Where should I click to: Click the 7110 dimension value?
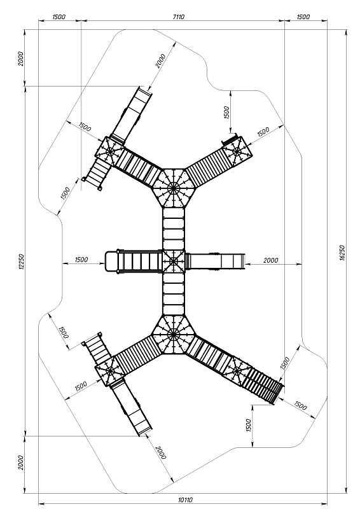pyautogui.click(x=179, y=17)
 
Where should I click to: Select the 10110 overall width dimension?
pyautogui.click(x=185, y=500)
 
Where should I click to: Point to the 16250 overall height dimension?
pyautogui.click(x=342, y=253)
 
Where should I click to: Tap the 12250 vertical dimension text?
pyautogui.click(x=22, y=261)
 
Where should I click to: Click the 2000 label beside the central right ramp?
pyautogui.click(x=271, y=260)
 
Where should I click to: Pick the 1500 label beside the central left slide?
pyautogui.click(x=81, y=260)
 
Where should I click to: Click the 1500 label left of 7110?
pyautogui.click(x=59, y=17)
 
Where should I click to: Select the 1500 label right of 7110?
pyautogui.click(x=303, y=17)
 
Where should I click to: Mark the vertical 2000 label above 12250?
pyautogui.click(x=21, y=59)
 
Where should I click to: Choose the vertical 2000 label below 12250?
pyautogui.click(x=21, y=463)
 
